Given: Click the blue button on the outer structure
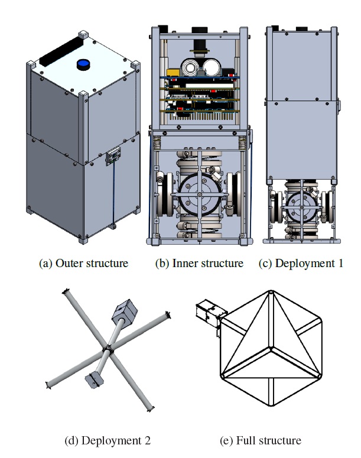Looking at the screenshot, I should [x=84, y=63].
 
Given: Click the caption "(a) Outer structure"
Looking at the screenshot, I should [x=83, y=263].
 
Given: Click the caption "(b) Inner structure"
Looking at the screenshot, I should [x=199, y=263].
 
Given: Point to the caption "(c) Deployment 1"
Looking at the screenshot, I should [x=301, y=263].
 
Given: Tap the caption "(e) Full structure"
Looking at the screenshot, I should [x=260, y=440].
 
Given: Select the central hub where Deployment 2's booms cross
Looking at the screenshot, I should [x=108, y=349].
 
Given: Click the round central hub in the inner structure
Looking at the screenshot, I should [x=200, y=196].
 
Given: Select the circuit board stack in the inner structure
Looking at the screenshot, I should [x=199, y=95].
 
